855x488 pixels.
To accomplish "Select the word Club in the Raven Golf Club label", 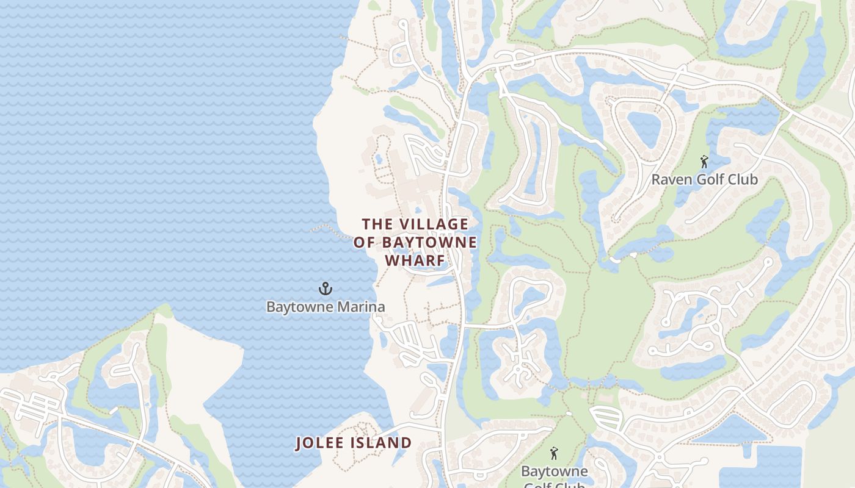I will pyautogui.click(x=740, y=179).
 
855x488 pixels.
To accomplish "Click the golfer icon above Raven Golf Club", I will pyautogui.click(x=704, y=162).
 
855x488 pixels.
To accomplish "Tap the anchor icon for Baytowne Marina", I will pyautogui.click(x=325, y=288).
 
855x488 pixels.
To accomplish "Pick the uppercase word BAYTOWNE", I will pyautogui.click(x=429, y=242).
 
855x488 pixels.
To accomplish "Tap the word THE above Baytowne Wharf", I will pyautogui.click(x=378, y=224).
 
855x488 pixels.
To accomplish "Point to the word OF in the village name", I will pyautogui.click(x=365, y=242).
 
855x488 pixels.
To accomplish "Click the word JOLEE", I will pyautogui.click(x=322, y=443).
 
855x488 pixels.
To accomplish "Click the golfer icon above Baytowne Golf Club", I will pyautogui.click(x=554, y=453).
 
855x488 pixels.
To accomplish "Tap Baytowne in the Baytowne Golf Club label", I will pyautogui.click(x=554, y=471).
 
